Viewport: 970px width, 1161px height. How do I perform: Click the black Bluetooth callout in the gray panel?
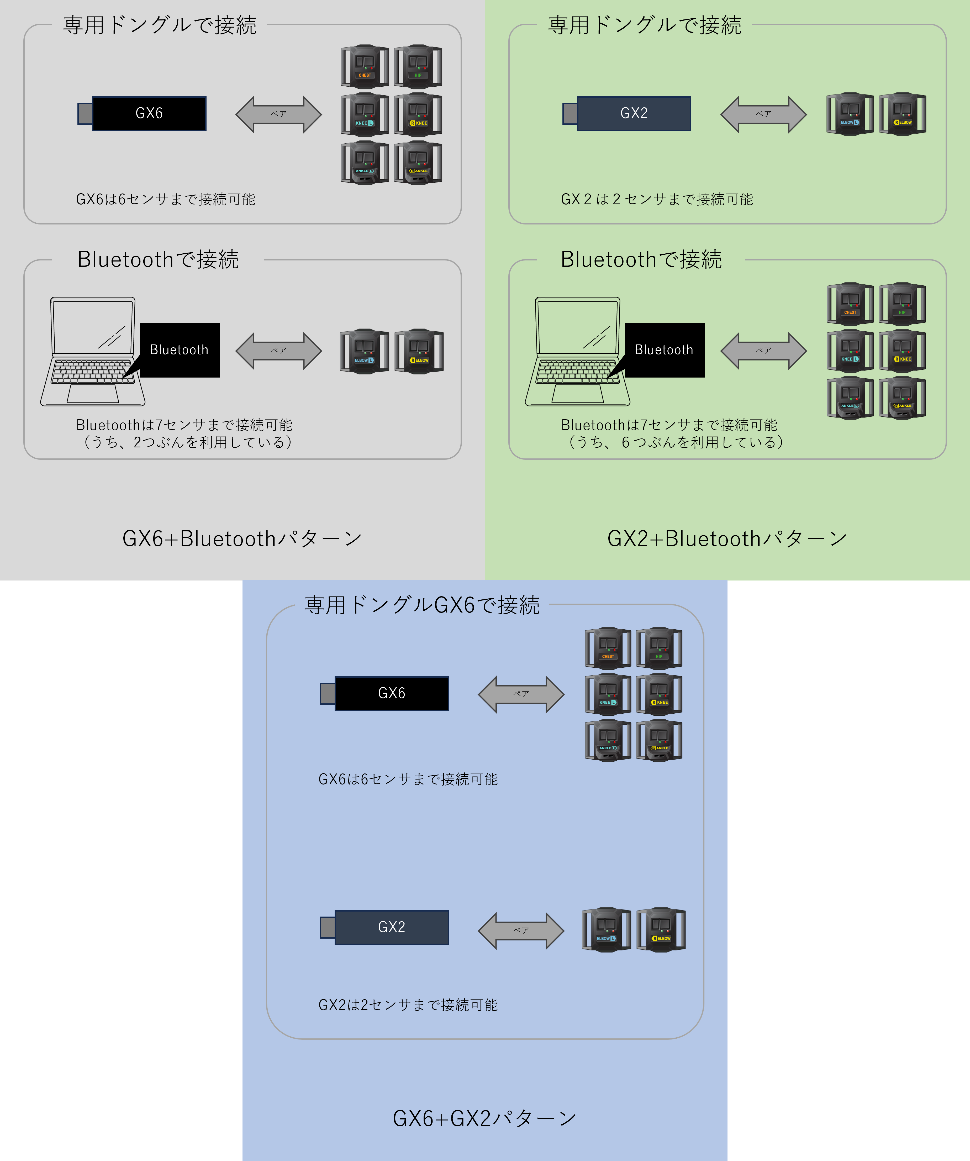pos(180,350)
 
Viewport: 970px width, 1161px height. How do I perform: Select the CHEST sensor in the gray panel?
pos(365,66)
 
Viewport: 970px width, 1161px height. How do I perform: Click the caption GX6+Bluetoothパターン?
pos(242,538)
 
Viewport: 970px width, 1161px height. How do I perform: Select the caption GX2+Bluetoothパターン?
pos(727,538)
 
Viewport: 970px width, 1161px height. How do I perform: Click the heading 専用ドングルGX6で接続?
pos(422,605)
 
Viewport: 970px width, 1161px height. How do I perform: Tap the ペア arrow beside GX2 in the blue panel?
pos(521,930)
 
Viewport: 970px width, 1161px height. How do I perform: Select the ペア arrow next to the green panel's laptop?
pos(763,351)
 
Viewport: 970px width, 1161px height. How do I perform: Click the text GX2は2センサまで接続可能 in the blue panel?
pos(408,1005)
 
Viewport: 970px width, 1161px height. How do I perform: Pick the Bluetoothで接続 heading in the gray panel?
pos(158,259)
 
